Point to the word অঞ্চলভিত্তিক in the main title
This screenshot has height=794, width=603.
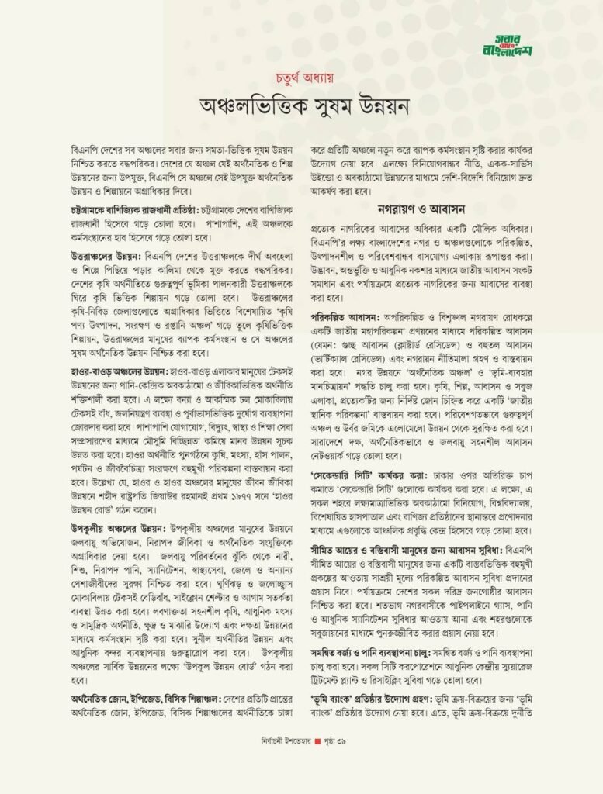point(241,106)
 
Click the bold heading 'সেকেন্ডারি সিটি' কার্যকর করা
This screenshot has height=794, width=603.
point(369,472)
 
